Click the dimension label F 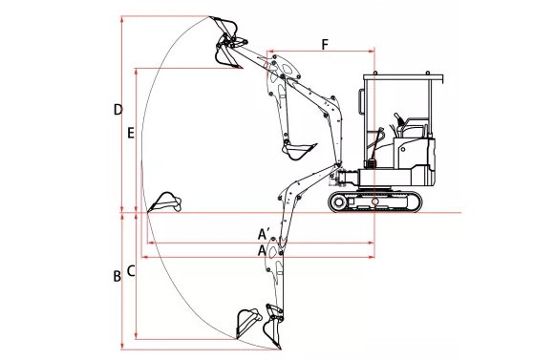[326, 45]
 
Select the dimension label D [117, 110]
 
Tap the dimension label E [131, 133]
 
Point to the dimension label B [117, 276]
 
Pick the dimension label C [131, 271]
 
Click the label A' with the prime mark [265, 234]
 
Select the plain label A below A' [262, 250]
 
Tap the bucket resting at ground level [165, 202]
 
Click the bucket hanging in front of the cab [297, 151]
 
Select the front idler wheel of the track [338, 202]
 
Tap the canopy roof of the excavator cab [403, 77]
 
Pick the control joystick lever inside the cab [398, 119]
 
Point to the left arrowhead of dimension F [269, 52]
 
